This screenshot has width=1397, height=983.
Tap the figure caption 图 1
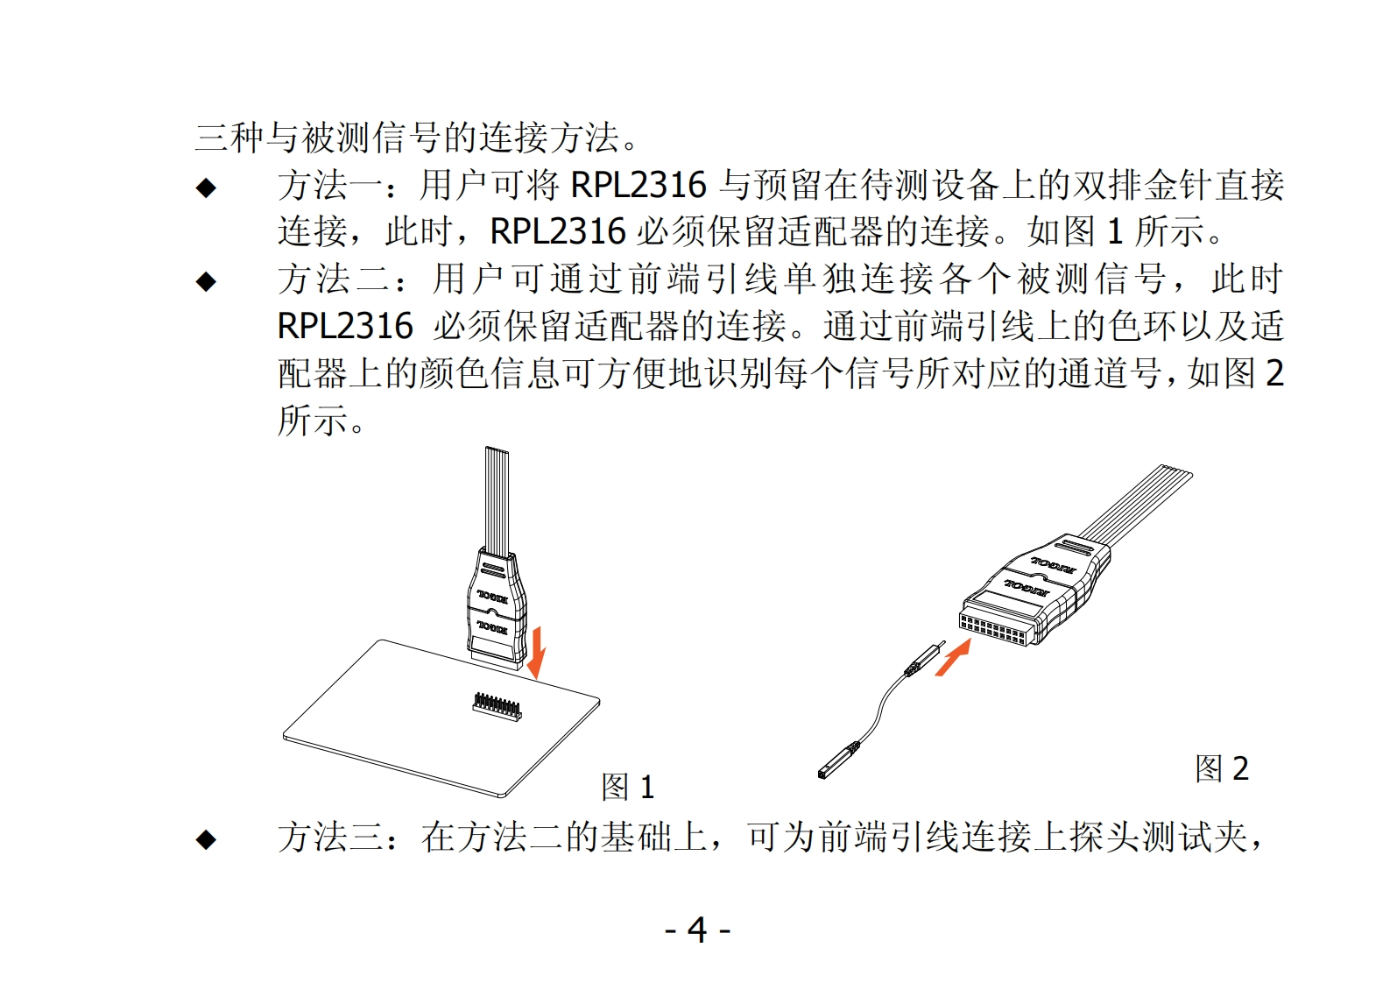(627, 787)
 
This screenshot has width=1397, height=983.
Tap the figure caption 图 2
(1222, 767)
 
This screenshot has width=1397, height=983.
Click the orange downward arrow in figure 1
(536, 654)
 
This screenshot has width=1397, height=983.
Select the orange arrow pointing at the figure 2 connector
(953, 658)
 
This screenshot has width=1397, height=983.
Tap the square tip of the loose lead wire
(825, 772)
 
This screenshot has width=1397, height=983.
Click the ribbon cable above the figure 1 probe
(497, 500)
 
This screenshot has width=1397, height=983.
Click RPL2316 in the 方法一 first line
(638, 185)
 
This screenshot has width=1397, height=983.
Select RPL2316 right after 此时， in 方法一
(558, 231)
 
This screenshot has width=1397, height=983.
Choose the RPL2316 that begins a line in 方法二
(345, 326)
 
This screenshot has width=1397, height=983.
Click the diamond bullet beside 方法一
(206, 187)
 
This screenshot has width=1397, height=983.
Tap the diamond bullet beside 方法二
(206, 282)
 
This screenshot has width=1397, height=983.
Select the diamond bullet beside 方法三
(206, 840)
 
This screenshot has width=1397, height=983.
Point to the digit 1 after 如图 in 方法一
(1115, 231)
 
